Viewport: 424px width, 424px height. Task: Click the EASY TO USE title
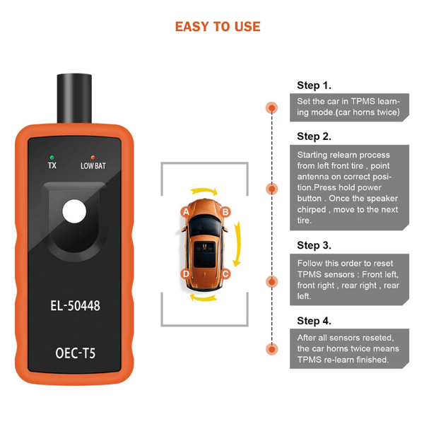pyautogui.click(x=218, y=27)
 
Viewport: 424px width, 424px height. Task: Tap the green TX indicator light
pyautogui.click(x=52, y=156)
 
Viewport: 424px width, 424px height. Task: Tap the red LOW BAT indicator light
pyautogui.click(x=92, y=156)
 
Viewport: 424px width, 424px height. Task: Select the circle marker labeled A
pyautogui.click(x=185, y=211)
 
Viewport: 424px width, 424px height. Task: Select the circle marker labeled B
pyautogui.click(x=225, y=211)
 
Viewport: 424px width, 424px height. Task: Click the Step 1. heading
pyautogui.click(x=314, y=86)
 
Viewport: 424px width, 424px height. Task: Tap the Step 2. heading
pyautogui.click(x=314, y=136)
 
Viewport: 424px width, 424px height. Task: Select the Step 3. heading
pyautogui.click(x=314, y=245)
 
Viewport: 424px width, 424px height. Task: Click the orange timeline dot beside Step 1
pyautogui.click(x=271, y=107)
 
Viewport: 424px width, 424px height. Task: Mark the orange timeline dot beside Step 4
pyautogui.click(x=271, y=349)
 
